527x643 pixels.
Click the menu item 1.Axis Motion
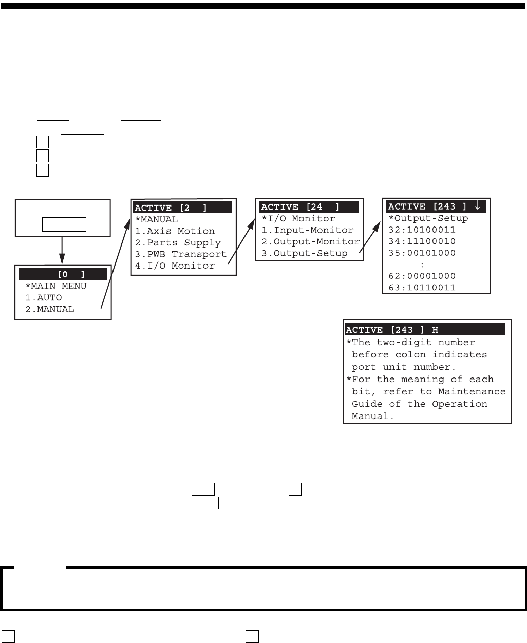pyautogui.click(x=175, y=231)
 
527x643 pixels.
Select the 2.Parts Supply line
pyautogui.click(x=178, y=242)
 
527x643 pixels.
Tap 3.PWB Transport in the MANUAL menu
pyautogui.click(x=180, y=254)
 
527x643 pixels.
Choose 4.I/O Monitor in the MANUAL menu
pyautogui.click(x=175, y=266)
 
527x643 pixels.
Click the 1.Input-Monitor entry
pyautogui.click(x=307, y=230)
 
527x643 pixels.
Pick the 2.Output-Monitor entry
pyautogui.click(x=310, y=241)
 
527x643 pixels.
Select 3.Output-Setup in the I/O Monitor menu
pyautogui.click(x=304, y=253)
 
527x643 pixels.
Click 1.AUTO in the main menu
pyautogui.click(x=43, y=297)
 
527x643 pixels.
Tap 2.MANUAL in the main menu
pyautogui.click(x=49, y=309)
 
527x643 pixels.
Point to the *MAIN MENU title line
pyautogui.click(x=55, y=286)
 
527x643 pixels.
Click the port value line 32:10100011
pyautogui.click(x=422, y=230)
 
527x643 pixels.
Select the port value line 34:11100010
pyautogui.click(x=422, y=241)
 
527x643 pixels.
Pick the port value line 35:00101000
pyautogui.click(x=422, y=253)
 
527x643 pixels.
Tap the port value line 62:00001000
pyautogui.click(x=422, y=276)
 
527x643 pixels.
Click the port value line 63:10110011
pyautogui.click(x=422, y=288)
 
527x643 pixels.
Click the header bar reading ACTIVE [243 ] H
pyautogui.click(x=425, y=330)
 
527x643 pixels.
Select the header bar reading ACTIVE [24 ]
pyautogui.click(x=309, y=207)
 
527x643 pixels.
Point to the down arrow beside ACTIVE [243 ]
pyautogui.click(x=478, y=206)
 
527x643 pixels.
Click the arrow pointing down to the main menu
pyautogui.click(x=62, y=252)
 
